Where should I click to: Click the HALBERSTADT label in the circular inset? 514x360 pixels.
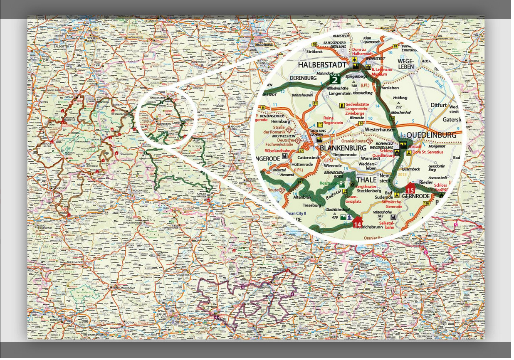pyautogui.click(x=322, y=65)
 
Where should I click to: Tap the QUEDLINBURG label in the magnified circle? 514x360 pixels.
pyautogui.click(x=431, y=135)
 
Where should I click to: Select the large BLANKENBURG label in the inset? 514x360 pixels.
pyautogui.click(x=343, y=147)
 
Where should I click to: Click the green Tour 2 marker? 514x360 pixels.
pyautogui.click(x=335, y=79)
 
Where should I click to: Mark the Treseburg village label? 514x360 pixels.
pyautogui.click(x=311, y=205)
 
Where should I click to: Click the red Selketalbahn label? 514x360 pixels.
pyautogui.click(x=389, y=225)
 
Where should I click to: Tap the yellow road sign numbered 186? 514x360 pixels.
pyautogui.click(x=426, y=203)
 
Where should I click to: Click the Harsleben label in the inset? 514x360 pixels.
pyautogui.click(x=390, y=88)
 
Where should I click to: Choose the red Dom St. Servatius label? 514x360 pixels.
pyautogui.click(x=428, y=152)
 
